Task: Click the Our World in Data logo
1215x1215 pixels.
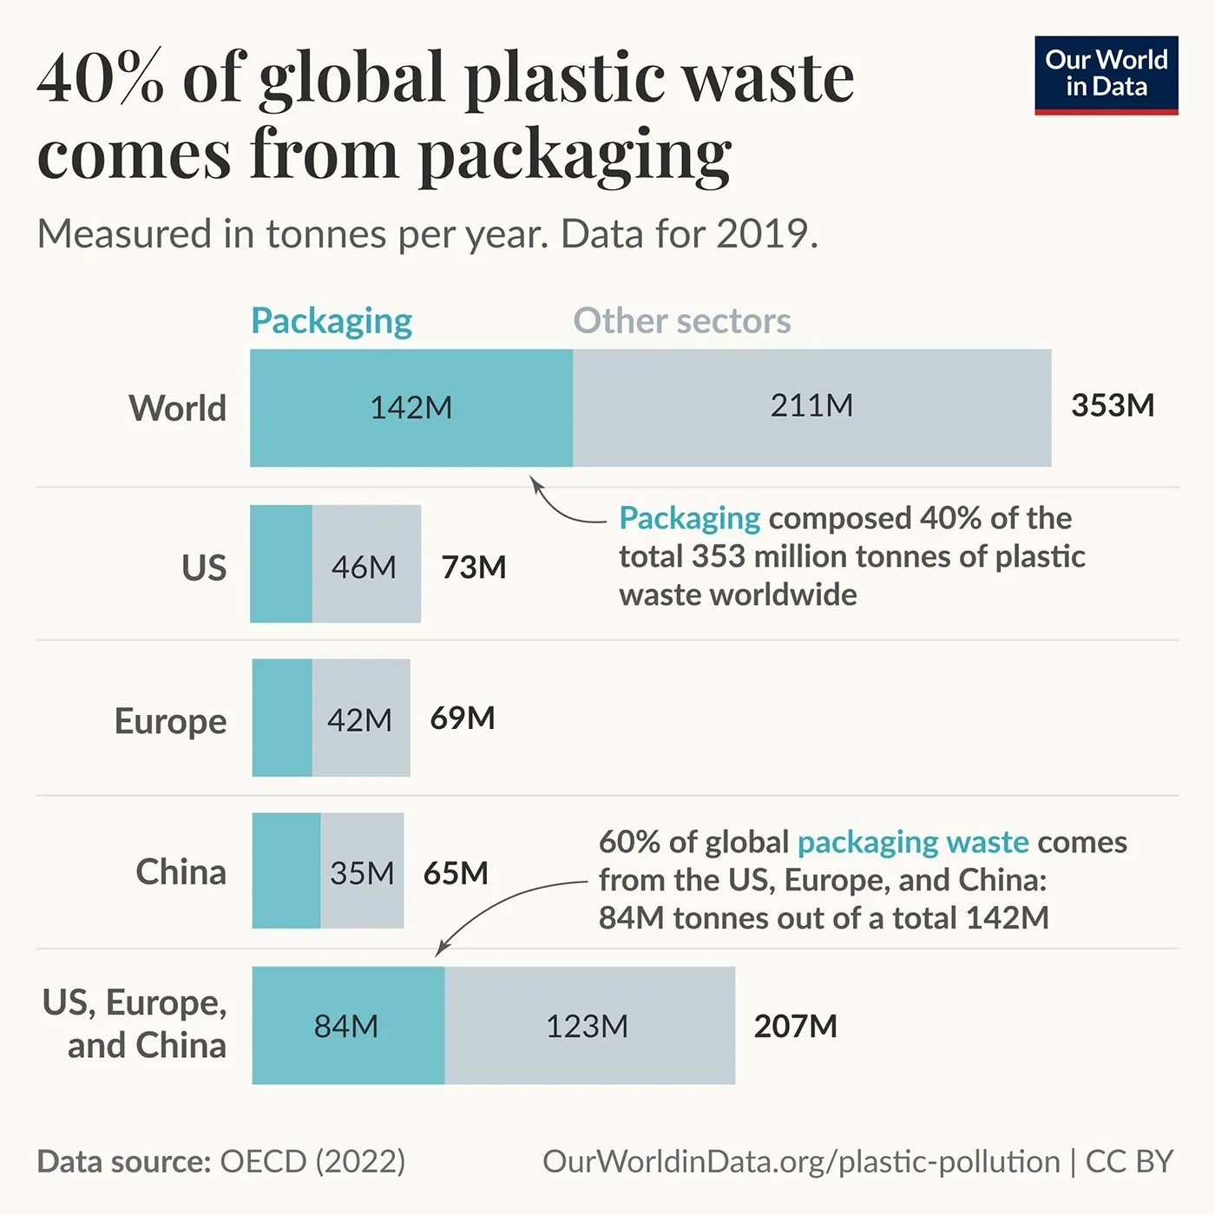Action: [x=1106, y=75]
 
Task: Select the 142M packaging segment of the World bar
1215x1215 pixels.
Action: [x=410, y=408]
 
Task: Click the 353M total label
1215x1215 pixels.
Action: [x=1113, y=405]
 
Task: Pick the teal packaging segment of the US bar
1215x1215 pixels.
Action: [x=281, y=564]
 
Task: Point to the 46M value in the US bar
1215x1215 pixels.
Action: [x=364, y=567]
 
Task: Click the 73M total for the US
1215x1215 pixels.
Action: [x=474, y=567]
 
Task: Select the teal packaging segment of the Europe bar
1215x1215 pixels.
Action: [x=282, y=718]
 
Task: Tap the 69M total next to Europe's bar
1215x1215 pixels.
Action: [x=463, y=718]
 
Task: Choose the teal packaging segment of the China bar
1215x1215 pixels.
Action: [x=286, y=870]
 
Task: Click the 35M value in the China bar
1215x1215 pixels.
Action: [x=362, y=872]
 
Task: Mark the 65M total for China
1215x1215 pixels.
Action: [x=456, y=872]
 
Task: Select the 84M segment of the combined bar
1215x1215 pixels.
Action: [x=347, y=1026]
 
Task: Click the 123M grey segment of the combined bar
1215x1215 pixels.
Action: [x=588, y=1026]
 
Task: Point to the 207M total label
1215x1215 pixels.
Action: [x=795, y=1026]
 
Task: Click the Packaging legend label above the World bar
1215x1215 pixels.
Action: [x=332, y=321]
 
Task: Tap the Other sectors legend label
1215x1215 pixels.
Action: [x=682, y=321]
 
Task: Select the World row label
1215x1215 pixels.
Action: [x=178, y=408]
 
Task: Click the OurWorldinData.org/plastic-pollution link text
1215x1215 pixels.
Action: [x=801, y=1161]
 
